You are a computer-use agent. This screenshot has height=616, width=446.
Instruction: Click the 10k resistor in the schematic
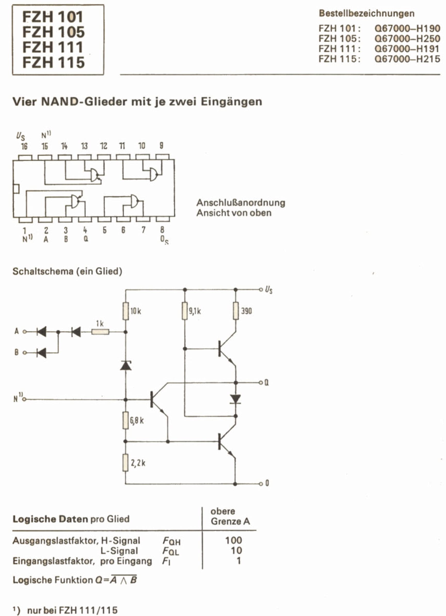[x=125, y=311]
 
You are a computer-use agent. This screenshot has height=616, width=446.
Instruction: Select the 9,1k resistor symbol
[x=185, y=311]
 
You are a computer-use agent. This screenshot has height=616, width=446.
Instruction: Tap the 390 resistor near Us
[x=236, y=311]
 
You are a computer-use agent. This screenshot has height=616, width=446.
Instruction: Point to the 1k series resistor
[x=100, y=332]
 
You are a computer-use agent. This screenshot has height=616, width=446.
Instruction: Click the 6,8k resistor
[x=125, y=420]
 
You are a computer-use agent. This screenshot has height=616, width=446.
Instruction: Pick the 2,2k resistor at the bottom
[x=125, y=463]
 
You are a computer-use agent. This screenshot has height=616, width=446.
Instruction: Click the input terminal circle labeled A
[x=25, y=332]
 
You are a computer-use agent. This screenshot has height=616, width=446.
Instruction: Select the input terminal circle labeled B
[x=25, y=353]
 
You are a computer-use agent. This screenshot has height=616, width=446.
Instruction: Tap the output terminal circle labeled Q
[x=261, y=383]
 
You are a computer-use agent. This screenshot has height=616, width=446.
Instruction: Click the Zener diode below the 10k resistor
[x=125, y=366]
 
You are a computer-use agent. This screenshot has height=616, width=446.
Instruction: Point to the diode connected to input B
[x=41, y=353]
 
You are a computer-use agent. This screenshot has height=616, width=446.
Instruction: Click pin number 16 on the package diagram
[x=25, y=147]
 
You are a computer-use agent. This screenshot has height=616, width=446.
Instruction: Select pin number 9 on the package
[x=161, y=145]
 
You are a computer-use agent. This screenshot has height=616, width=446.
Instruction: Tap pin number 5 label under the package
[x=104, y=230]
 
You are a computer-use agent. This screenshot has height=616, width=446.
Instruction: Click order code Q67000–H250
[x=407, y=39]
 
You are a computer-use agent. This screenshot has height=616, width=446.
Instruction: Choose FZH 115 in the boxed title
[x=53, y=62]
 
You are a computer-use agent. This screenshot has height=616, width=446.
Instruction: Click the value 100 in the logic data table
[x=234, y=540]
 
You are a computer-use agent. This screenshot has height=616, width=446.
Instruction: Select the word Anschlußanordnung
[x=241, y=202]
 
